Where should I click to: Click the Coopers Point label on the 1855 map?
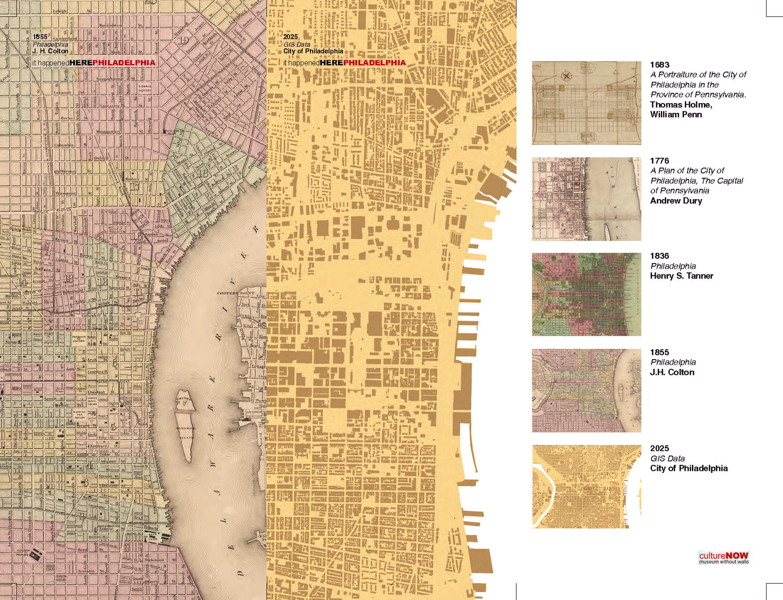pyautogui.click(x=236, y=293)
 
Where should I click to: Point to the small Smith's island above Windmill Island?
pyautogui.click(x=183, y=400)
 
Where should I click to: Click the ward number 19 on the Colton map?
pyautogui.click(x=184, y=40)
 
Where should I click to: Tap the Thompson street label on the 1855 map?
pyautogui.click(x=66, y=193)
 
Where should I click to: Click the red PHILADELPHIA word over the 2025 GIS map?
pyautogui.click(x=374, y=63)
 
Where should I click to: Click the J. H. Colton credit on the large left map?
pyautogui.click(x=50, y=51)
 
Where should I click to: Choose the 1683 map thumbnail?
pyautogui.click(x=586, y=103)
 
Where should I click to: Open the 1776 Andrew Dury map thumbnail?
pyautogui.click(x=586, y=199)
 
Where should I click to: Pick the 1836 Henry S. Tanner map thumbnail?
pyautogui.click(x=586, y=294)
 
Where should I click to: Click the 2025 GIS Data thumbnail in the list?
pyautogui.click(x=586, y=486)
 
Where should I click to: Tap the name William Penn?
pyautogui.click(x=676, y=114)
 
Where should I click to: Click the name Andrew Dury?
pyautogui.click(x=676, y=201)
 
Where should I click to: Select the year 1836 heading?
pyautogui.click(x=659, y=256)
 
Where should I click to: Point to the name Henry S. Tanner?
pyautogui.click(x=682, y=276)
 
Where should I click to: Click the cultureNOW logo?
pyautogui.click(x=723, y=558)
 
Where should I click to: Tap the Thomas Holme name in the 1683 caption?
pyautogui.click(x=681, y=105)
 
